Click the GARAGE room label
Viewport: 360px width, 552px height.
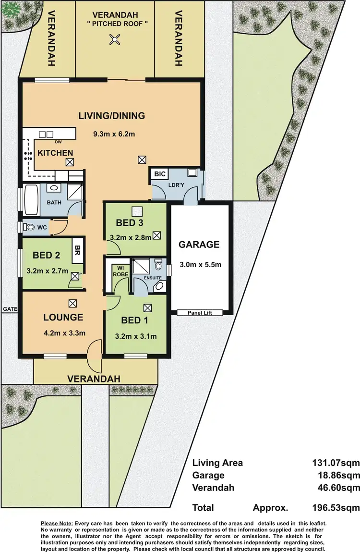click(199, 245)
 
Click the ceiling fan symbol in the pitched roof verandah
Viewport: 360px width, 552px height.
click(115, 40)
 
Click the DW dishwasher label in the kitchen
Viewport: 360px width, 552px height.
click(58, 142)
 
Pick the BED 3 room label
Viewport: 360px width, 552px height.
click(130, 222)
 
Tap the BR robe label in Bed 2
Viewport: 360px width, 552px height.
click(77, 249)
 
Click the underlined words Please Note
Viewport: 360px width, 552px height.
click(57, 522)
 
